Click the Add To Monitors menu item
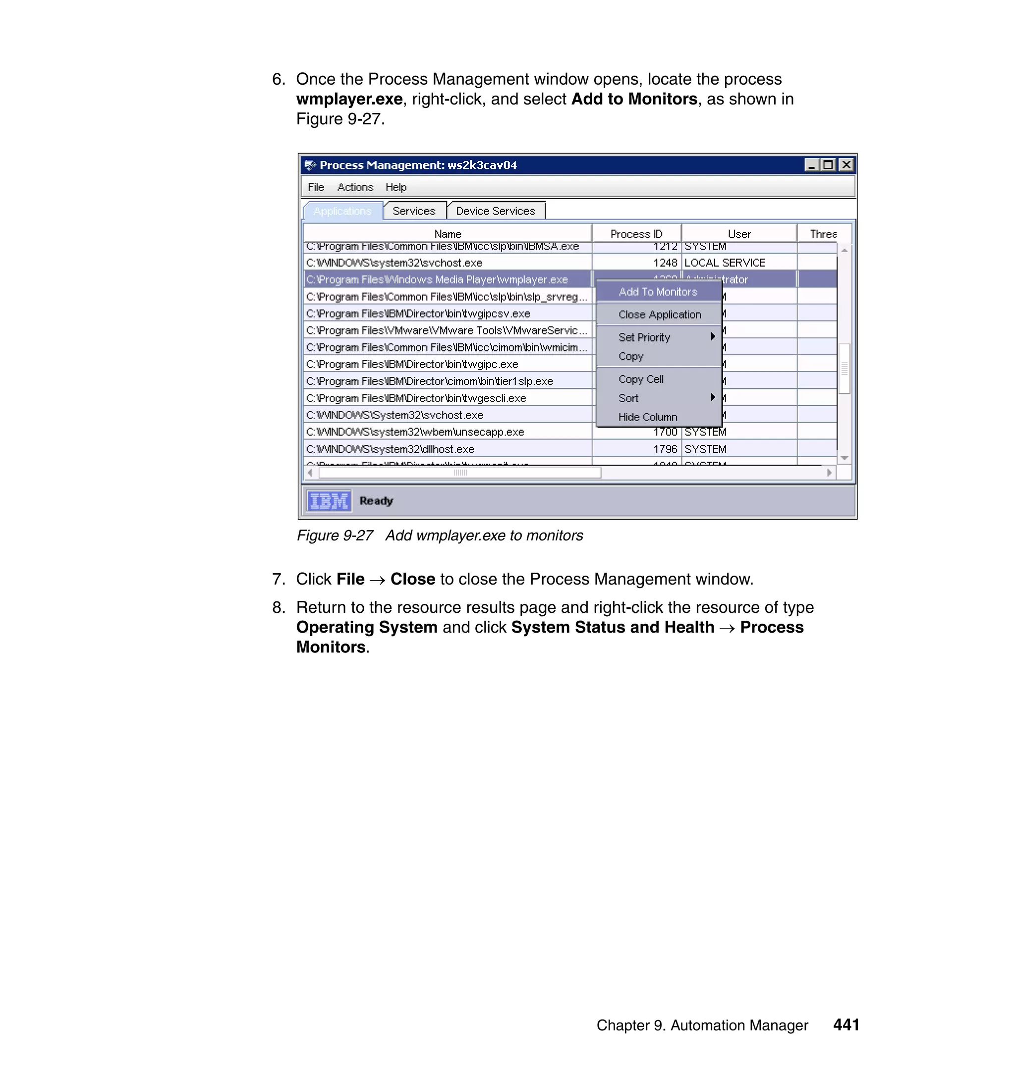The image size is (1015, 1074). pos(657,292)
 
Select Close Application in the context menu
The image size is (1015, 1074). pos(660,315)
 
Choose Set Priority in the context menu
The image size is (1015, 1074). pos(644,337)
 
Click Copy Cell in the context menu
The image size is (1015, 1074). pos(641,379)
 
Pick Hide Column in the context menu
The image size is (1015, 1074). pos(648,417)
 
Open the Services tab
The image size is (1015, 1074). pos(414,211)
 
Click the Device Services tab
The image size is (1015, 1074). pos(495,211)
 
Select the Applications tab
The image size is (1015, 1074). pos(342,211)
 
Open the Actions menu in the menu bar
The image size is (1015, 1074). pos(355,187)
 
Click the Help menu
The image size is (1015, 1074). pos(396,187)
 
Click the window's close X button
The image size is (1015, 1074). pos(846,165)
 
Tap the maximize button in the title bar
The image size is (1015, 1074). pos(828,165)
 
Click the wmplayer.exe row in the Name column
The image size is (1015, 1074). pos(437,279)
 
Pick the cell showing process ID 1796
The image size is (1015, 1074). pos(665,449)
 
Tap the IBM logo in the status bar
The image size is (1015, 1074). pos(329,501)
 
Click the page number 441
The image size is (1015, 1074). pos(846,1024)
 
